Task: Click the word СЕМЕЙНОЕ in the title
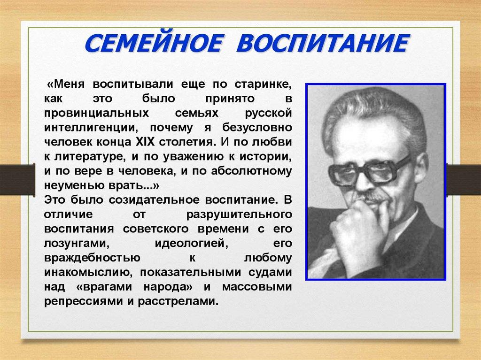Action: pos(153,43)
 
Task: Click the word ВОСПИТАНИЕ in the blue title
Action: pos(323,43)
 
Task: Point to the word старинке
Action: pos(263,84)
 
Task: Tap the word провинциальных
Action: pos(96,114)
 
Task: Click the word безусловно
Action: pos(257,128)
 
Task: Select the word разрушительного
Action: pos(239,214)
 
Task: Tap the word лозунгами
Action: pos(77,244)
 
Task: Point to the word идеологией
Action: pos(191,244)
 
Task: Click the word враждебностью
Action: pos(92,258)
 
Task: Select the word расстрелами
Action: pos(178,301)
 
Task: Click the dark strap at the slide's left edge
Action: pos(17,179)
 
